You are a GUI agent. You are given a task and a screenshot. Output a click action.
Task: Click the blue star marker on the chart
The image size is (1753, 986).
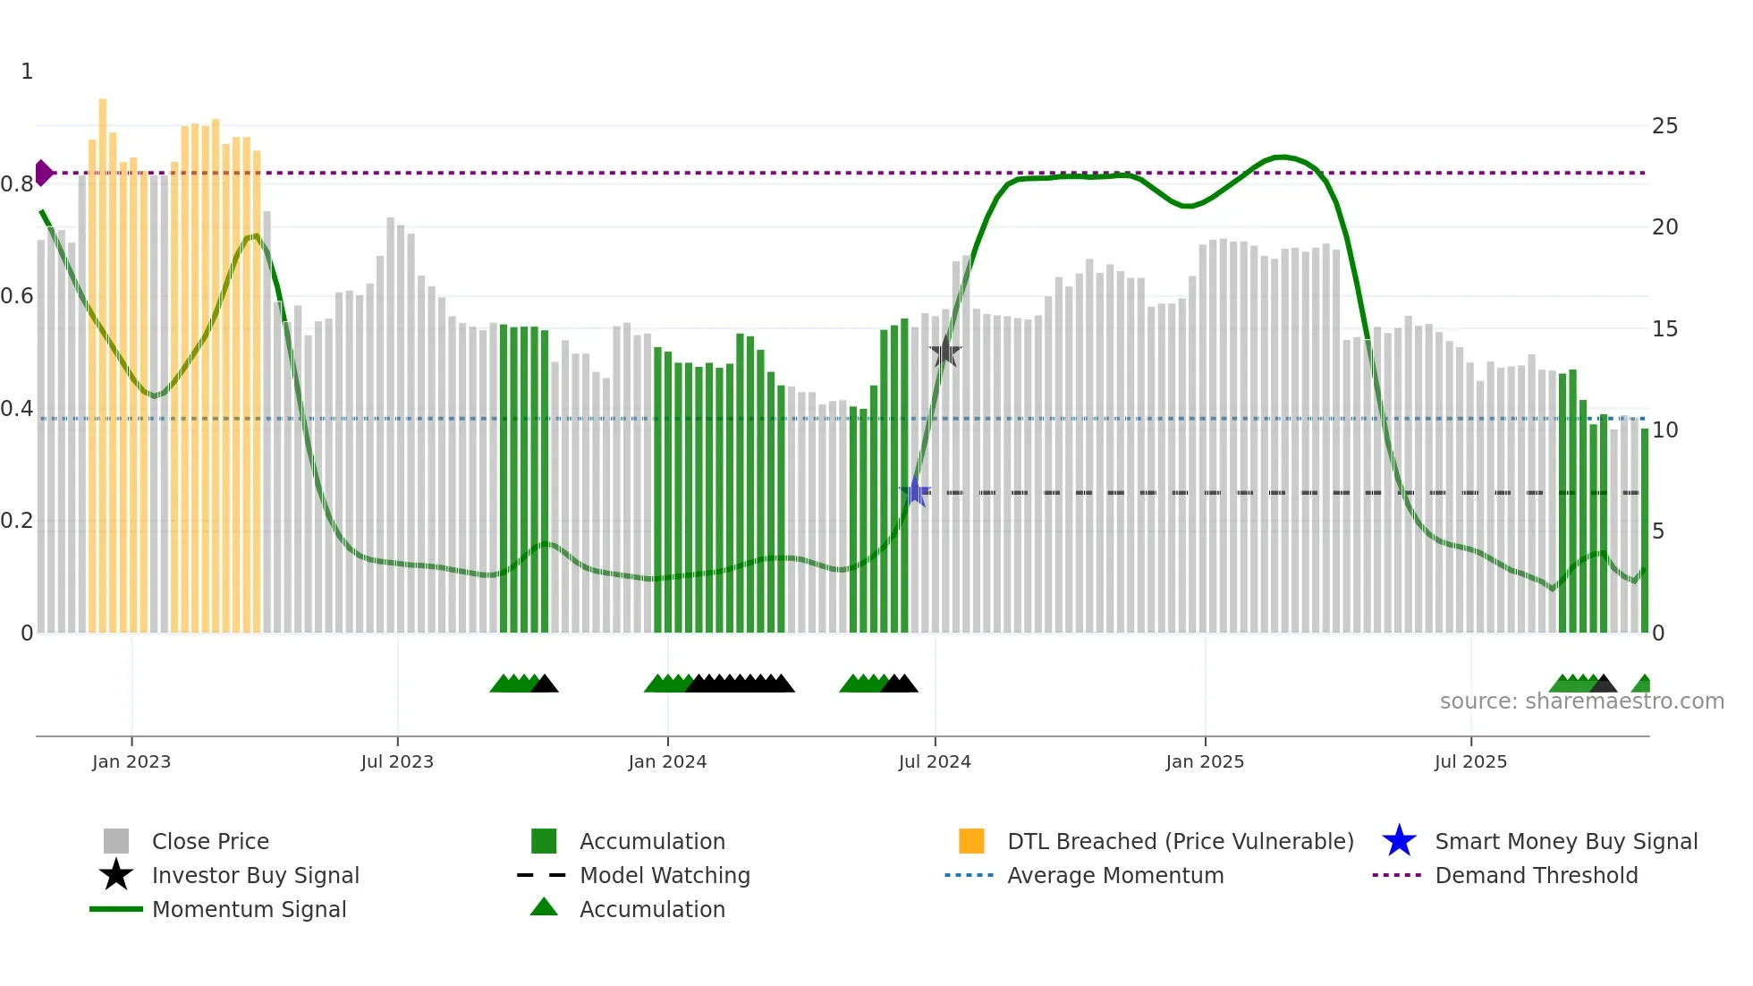tap(915, 491)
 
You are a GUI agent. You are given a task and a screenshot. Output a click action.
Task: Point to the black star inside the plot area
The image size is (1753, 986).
tap(945, 352)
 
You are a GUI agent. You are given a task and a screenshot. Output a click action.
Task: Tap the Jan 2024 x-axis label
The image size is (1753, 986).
tap(667, 761)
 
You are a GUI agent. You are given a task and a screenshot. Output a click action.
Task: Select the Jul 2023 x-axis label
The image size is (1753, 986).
tap(397, 761)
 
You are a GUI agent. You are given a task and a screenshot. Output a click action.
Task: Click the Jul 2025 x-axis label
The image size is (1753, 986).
tap(1470, 761)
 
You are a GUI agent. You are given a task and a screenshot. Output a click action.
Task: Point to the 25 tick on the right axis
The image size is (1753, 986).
tap(1664, 126)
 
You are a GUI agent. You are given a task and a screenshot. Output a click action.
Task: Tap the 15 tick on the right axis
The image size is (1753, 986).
tap(1664, 329)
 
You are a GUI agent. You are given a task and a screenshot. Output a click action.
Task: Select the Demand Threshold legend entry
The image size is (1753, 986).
tap(1536, 875)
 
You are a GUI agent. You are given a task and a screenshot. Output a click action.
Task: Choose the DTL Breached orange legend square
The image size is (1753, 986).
tap(971, 841)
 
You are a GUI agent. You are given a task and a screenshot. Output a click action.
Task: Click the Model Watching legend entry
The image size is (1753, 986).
tap(664, 875)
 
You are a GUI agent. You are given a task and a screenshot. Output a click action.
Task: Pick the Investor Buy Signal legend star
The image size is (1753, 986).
tap(116, 875)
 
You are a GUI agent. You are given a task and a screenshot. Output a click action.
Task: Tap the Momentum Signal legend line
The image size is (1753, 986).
tap(116, 909)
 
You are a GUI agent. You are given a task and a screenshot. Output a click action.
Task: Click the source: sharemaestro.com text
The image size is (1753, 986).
tap(1581, 701)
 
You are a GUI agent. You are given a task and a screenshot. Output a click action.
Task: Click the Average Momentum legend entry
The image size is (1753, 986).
tap(1114, 875)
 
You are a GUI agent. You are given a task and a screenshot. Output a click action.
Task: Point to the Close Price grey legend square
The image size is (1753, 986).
tap(116, 841)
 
